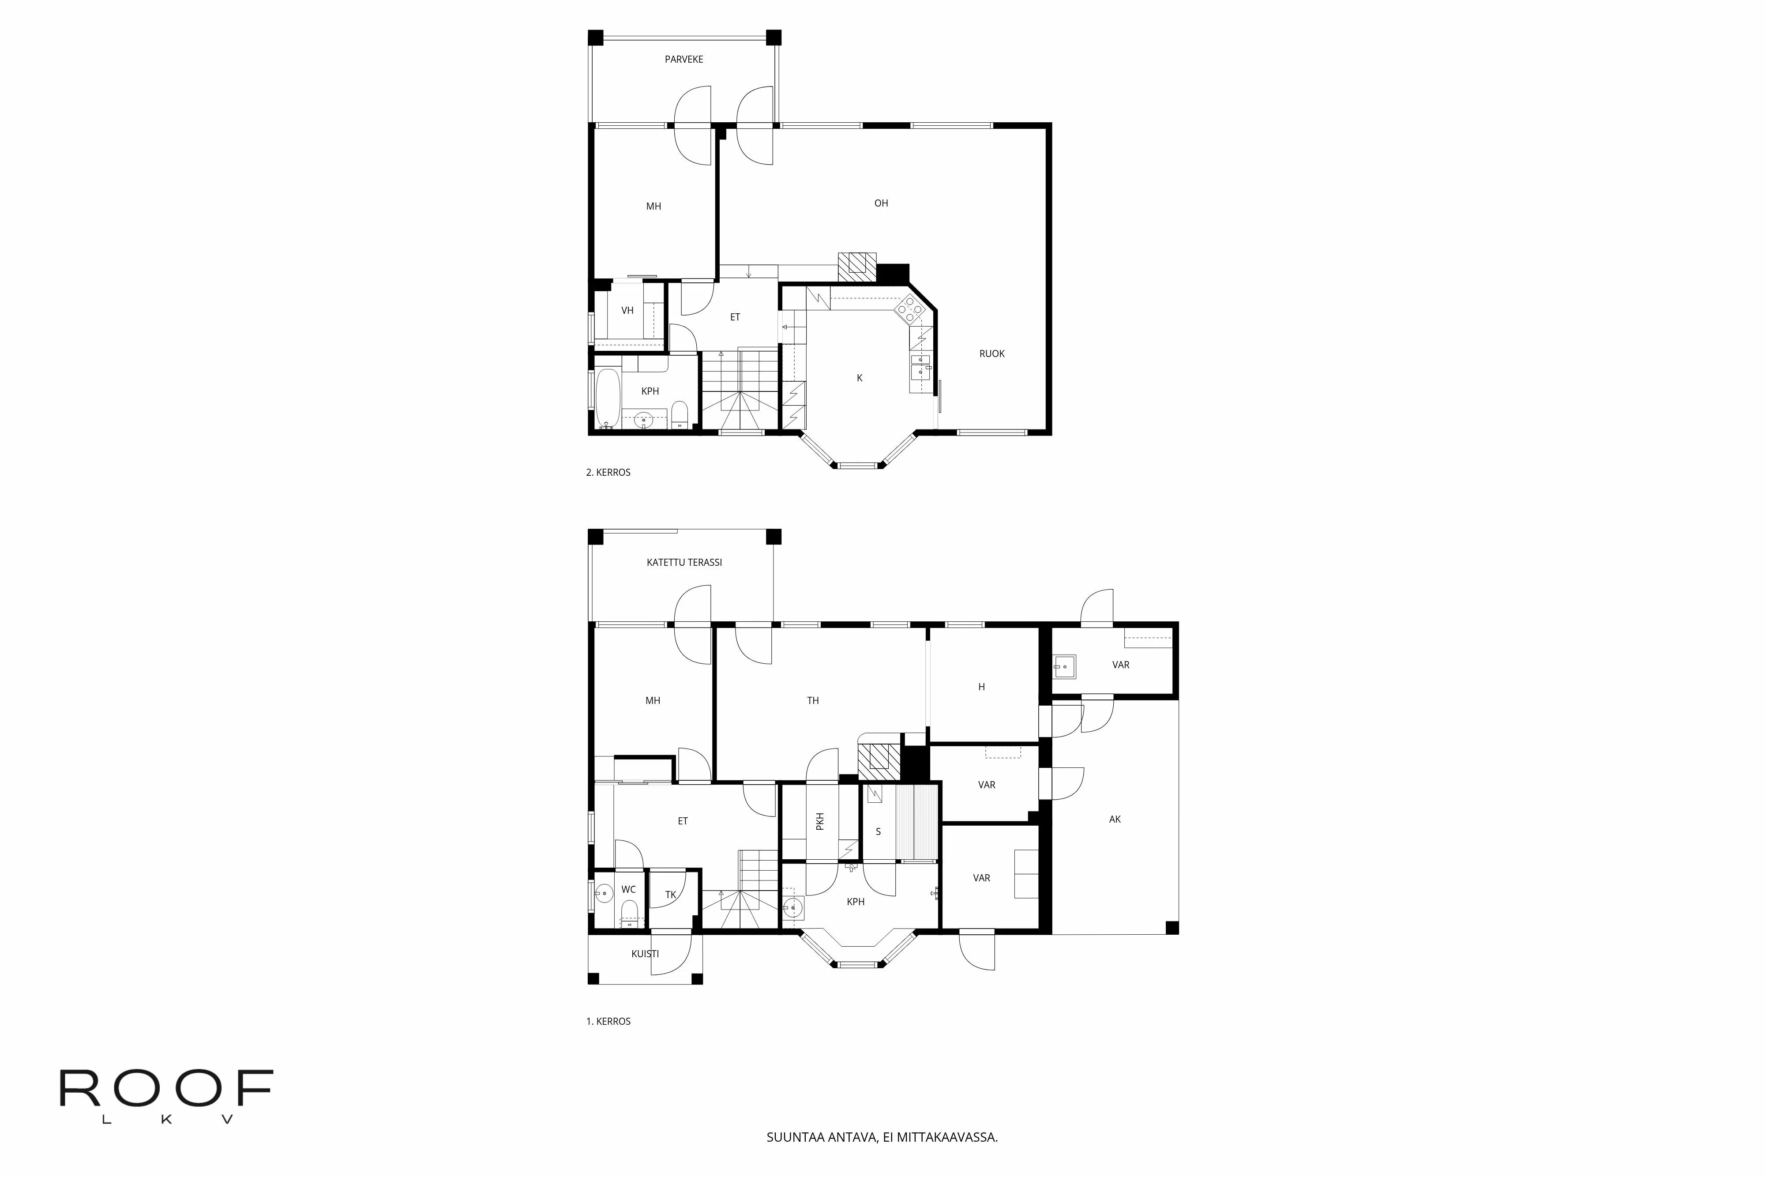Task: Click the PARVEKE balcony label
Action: pos(683,59)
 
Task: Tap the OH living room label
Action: pos(881,203)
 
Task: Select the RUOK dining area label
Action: pos(991,353)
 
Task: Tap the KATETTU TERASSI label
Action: pos(683,562)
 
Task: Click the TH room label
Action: pos(813,700)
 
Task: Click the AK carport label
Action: pos(1115,819)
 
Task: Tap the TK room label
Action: pos(671,895)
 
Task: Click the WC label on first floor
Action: pos(628,890)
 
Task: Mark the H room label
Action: pos(981,687)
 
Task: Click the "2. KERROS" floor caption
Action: pos(608,472)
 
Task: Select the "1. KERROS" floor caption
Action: pos(608,1021)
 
